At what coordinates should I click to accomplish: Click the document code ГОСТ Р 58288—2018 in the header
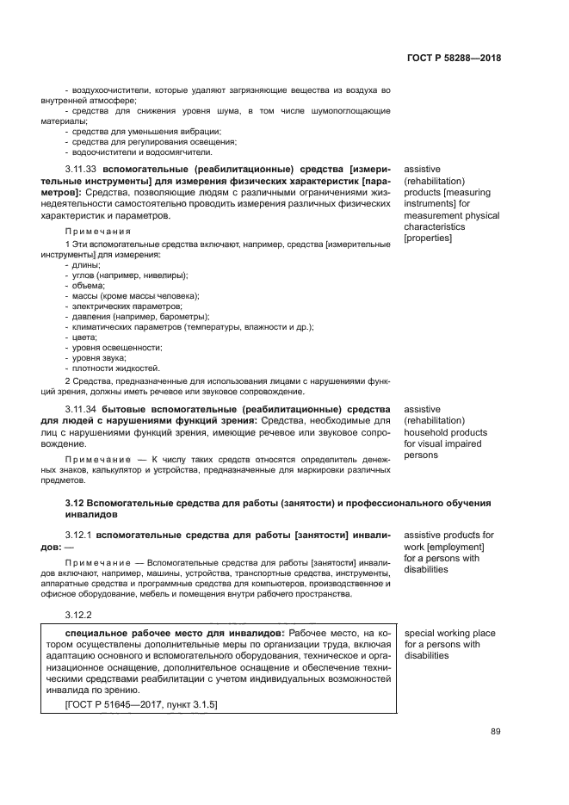[x=454, y=59]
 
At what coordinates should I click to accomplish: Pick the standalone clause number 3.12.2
[x=77, y=615]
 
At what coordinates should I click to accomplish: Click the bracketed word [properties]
[x=428, y=238]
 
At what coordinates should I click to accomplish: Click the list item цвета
[x=84, y=337]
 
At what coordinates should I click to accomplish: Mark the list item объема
[x=88, y=286]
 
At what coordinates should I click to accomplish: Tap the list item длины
[x=86, y=265]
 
